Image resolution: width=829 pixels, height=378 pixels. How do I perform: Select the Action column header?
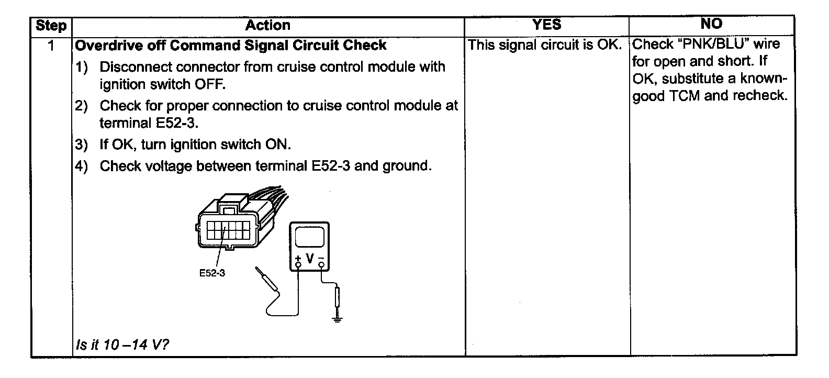[267, 26]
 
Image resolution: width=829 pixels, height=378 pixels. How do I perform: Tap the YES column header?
[546, 25]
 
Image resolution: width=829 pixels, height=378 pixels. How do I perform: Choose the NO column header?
[711, 24]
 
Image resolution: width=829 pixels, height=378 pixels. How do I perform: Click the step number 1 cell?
[51, 46]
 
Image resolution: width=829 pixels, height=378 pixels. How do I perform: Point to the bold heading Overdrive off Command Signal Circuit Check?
[231, 46]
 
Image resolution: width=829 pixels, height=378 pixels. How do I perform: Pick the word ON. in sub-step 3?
[278, 144]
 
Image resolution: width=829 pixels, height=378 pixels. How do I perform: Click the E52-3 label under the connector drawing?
[212, 273]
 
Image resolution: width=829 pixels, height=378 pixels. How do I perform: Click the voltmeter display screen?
[309, 237]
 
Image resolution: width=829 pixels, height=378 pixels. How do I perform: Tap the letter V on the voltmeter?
[310, 259]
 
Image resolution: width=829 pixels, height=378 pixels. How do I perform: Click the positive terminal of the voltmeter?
[298, 264]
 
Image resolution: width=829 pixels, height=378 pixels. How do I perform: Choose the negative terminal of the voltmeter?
[321, 264]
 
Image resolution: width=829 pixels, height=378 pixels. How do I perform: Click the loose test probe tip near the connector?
[257, 271]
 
